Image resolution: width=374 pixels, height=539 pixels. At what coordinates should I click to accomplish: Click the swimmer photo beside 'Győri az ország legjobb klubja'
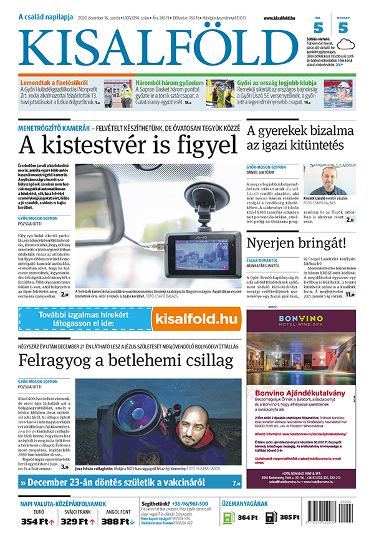point(342,92)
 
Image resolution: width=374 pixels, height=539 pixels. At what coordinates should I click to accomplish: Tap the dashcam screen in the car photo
point(198,245)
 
